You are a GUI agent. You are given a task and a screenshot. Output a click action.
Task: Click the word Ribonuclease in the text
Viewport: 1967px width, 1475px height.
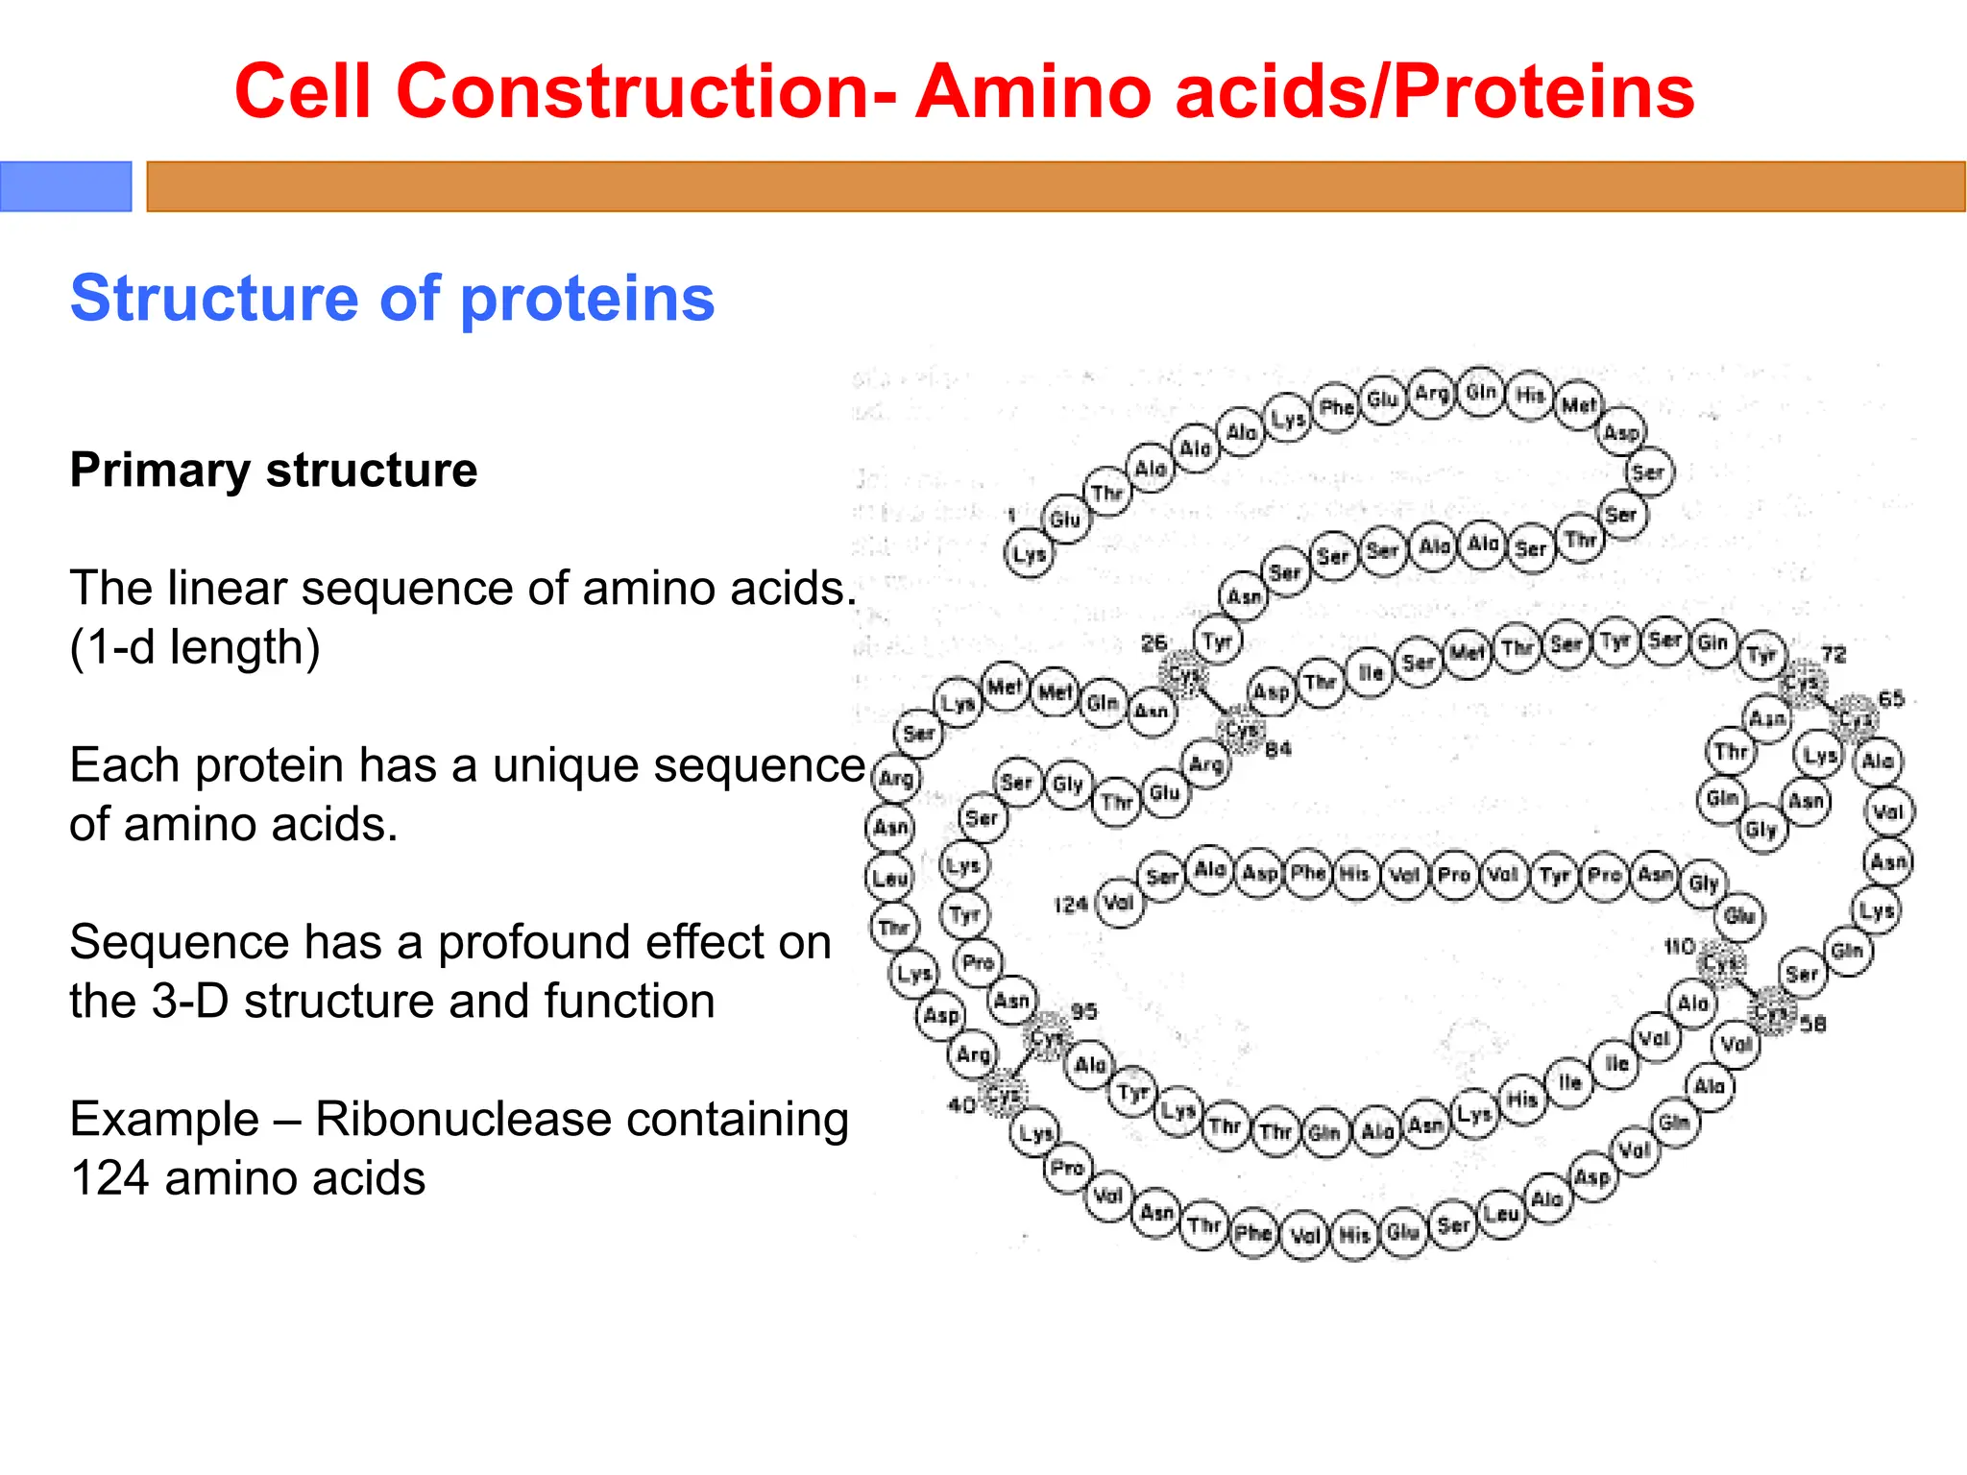pos(581,1120)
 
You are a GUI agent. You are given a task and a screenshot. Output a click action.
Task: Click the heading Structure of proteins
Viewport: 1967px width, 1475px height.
pos(392,298)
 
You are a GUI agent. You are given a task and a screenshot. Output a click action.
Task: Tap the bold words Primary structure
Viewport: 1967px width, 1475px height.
pos(273,471)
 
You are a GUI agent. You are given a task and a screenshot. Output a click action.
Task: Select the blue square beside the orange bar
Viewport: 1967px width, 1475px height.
pos(65,186)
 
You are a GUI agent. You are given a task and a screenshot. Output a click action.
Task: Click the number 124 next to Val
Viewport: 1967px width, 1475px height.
pos(1070,905)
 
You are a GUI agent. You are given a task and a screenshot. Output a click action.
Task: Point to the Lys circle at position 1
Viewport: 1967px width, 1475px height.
pos(1029,554)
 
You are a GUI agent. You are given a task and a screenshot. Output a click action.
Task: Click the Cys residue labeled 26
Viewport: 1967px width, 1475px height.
pos(1184,674)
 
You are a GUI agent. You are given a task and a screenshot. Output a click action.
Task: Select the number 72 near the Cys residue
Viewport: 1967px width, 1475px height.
pos(1833,655)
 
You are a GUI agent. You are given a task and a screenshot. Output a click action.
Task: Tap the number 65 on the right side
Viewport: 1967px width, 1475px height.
pos(1890,699)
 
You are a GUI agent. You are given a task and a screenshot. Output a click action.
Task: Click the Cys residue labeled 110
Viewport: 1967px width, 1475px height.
pos(1721,963)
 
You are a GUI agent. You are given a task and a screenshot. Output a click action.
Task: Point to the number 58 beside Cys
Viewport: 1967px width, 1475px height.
pos(1812,1025)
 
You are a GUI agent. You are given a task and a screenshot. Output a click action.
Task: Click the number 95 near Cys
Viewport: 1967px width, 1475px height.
pos(1083,1011)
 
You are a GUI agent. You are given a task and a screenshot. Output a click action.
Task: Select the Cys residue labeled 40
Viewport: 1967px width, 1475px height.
pos(1004,1095)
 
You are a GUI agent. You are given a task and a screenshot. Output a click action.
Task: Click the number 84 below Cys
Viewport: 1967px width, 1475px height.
pos(1278,749)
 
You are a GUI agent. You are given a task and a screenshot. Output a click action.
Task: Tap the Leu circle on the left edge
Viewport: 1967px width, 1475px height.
pos(890,877)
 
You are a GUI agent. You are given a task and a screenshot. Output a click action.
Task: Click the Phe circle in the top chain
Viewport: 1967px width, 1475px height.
pos(1336,408)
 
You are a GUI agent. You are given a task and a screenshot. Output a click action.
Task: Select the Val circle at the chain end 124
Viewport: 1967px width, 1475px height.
pos(1120,903)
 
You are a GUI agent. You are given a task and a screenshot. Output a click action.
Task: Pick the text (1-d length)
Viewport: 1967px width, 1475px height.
pos(195,647)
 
